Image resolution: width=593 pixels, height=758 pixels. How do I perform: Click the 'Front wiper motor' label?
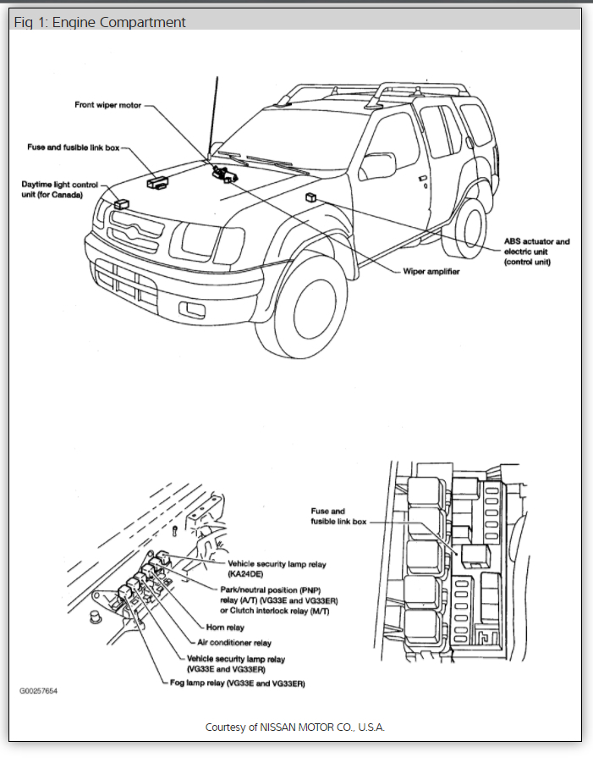(x=106, y=105)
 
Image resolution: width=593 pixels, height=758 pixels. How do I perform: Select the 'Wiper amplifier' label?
(x=431, y=271)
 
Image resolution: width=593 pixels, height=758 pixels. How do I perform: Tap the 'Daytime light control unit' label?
(x=59, y=189)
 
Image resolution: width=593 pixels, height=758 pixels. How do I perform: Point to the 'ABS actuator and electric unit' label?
(x=536, y=252)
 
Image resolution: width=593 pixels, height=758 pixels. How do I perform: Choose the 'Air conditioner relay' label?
(x=239, y=643)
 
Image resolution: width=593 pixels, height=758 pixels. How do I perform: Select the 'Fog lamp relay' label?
(x=237, y=683)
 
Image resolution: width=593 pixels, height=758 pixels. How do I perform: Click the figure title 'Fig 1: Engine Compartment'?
(x=100, y=22)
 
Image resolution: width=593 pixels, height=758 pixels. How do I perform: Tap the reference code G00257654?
(x=39, y=690)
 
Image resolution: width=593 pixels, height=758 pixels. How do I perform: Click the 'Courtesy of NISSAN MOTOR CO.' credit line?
(x=295, y=728)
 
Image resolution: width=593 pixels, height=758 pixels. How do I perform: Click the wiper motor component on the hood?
(x=224, y=174)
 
